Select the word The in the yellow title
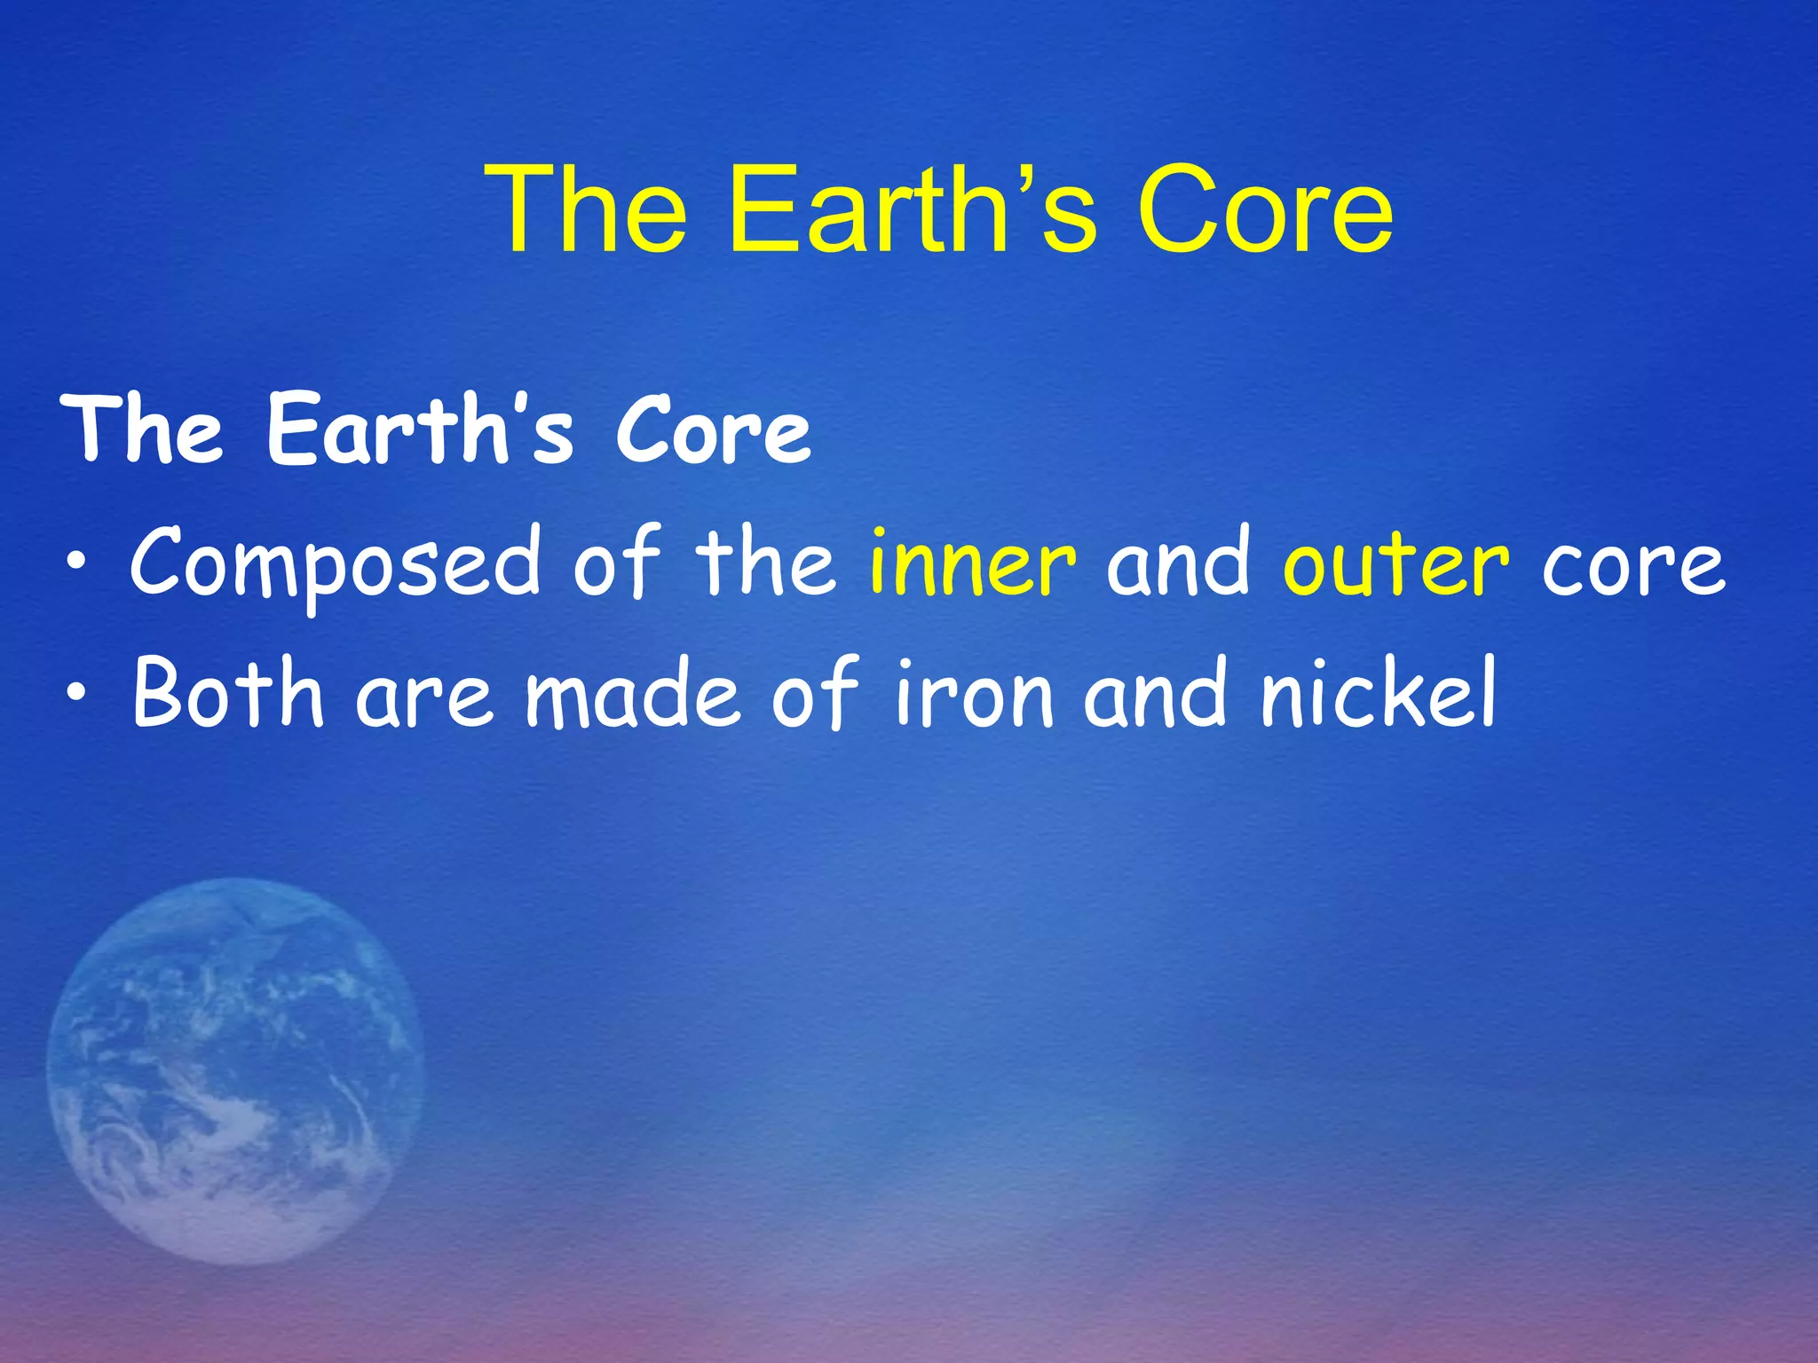pyautogui.click(x=586, y=210)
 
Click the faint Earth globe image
pyautogui.click(x=234, y=1070)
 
